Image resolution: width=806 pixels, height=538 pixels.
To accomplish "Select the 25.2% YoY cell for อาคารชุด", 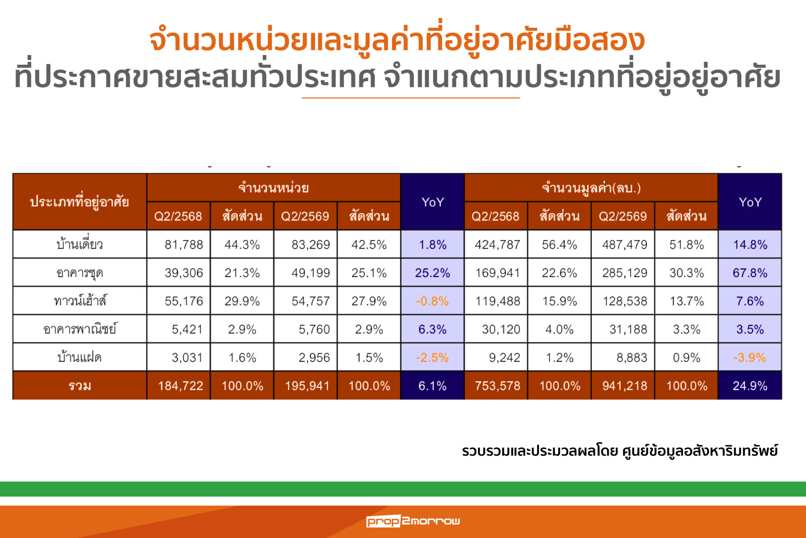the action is pos(432,273).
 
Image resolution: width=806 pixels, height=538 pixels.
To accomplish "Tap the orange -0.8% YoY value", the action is pos(432,301).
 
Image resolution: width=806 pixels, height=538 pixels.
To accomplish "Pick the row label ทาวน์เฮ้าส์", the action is pos(80,301).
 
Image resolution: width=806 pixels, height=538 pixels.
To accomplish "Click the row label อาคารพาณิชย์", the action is pos(80,329).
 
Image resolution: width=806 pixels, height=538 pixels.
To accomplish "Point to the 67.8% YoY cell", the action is pos(750,273).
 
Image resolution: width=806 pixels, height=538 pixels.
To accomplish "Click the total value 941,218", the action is pos(625,386).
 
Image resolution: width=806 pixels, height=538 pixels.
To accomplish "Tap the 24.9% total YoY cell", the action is pos(750,386).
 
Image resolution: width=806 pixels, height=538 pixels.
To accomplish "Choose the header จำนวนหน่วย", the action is pos(274,188).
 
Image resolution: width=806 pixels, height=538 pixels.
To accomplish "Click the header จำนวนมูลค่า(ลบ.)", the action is pos(591,188).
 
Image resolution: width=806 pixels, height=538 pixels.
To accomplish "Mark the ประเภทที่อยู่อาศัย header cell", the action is pos(80,202).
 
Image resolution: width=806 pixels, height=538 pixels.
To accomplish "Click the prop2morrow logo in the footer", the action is pos(413,521).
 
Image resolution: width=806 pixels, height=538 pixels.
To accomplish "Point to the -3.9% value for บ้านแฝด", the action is pos(749,357).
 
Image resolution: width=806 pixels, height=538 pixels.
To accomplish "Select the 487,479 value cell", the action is pos(625,245).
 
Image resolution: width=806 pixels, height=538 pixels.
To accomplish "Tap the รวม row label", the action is pos(80,386).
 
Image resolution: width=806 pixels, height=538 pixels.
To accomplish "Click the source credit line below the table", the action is pos(620,451).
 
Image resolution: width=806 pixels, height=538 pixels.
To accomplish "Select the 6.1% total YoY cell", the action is pos(432,386).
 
